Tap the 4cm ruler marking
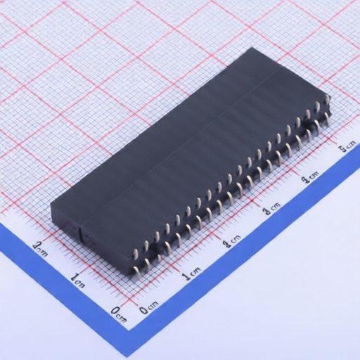pos(309,177)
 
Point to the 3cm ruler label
pos(270,208)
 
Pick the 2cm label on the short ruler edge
pos(41,247)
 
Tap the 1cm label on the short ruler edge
pos(78,280)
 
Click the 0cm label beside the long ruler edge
pos(149,308)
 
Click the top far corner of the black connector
pos(251,49)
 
